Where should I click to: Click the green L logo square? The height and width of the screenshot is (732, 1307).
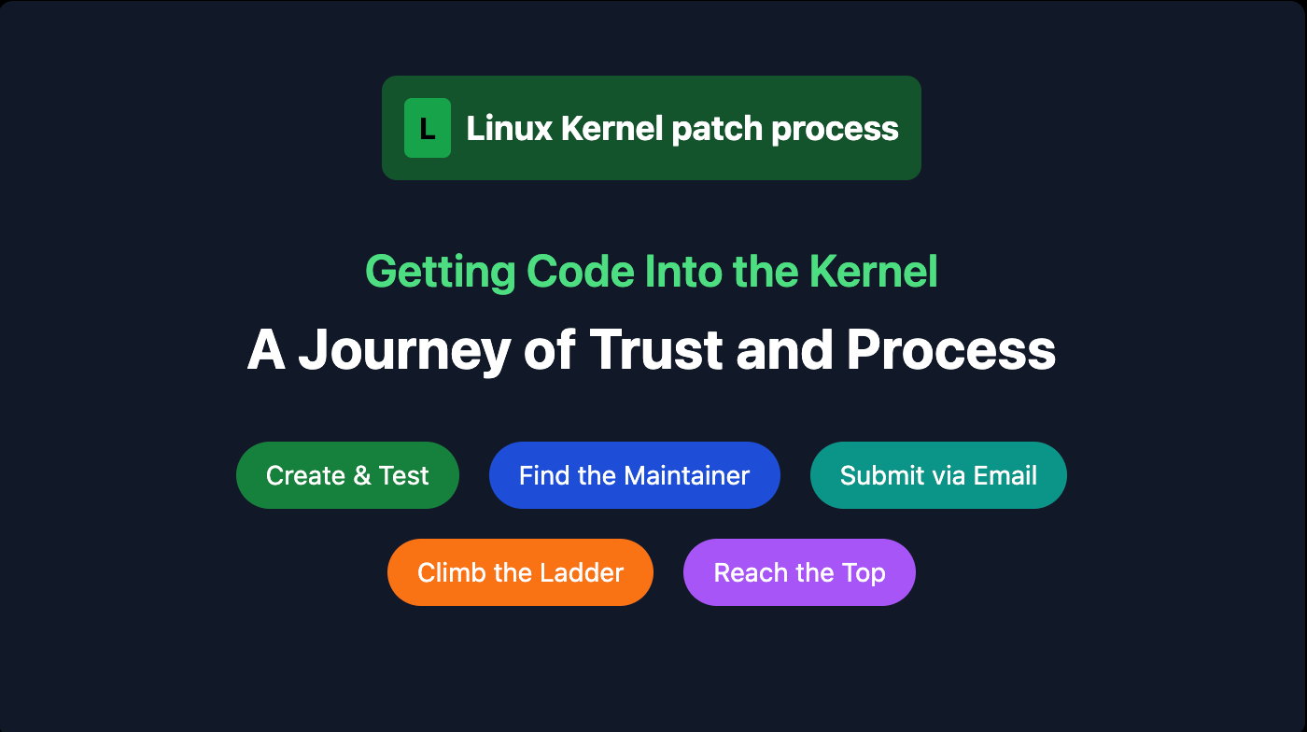(x=427, y=128)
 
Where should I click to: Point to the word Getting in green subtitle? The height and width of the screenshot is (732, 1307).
(x=440, y=272)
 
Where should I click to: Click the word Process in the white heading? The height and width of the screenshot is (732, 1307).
(x=950, y=350)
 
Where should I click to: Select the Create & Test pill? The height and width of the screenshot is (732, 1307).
(x=347, y=475)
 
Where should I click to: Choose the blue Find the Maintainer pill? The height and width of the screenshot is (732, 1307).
(x=634, y=475)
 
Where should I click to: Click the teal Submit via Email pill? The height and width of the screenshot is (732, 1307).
(x=938, y=475)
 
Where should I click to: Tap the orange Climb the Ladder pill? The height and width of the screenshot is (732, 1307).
(x=520, y=572)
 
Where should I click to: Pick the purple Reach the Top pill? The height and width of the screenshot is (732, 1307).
(x=799, y=572)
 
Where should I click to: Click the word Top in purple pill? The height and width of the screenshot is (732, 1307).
(x=864, y=572)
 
